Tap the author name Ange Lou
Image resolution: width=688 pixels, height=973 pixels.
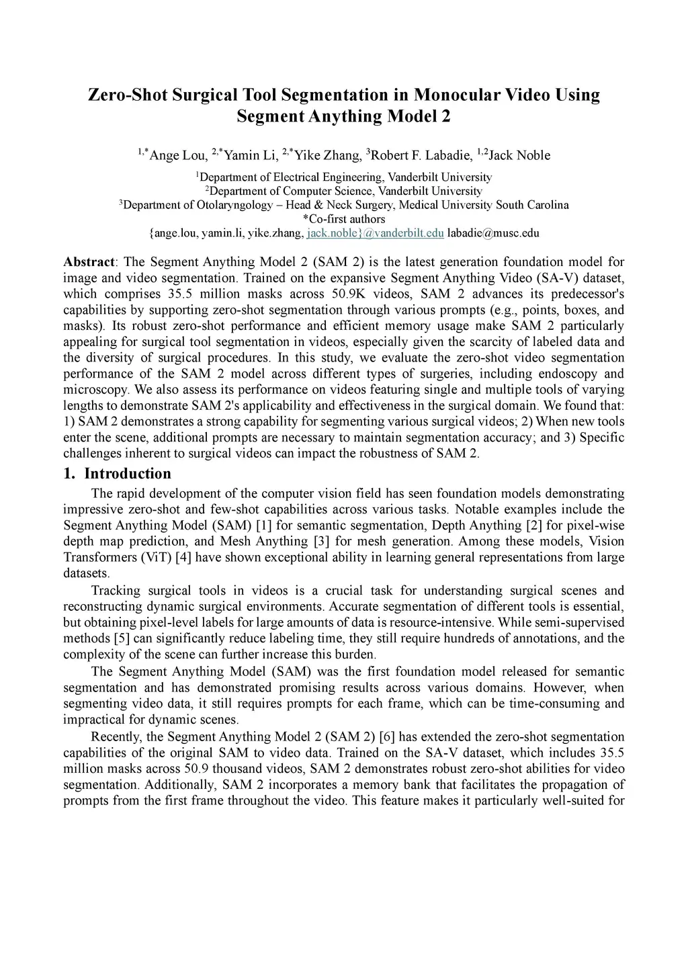(178, 156)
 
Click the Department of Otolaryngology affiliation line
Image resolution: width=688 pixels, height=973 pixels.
(344, 205)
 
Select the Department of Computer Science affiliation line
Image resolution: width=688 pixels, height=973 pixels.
(344, 191)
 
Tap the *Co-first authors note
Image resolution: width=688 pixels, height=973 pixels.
(344, 219)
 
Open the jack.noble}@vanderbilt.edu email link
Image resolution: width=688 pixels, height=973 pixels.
(375, 233)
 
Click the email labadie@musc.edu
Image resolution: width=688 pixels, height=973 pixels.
(493, 233)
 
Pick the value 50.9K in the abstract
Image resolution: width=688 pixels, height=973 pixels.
(349, 294)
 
